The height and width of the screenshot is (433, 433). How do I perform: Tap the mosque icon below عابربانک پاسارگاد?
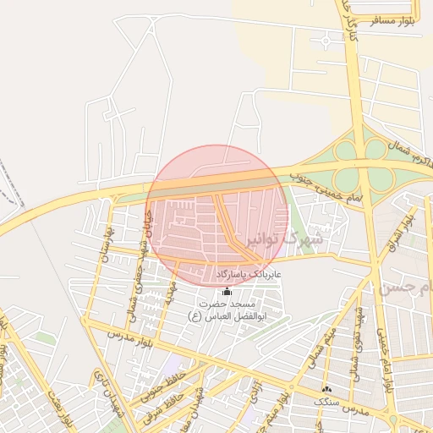226,291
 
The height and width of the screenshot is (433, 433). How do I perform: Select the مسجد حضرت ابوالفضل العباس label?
226,309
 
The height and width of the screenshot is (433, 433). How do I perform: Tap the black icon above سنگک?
327,389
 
